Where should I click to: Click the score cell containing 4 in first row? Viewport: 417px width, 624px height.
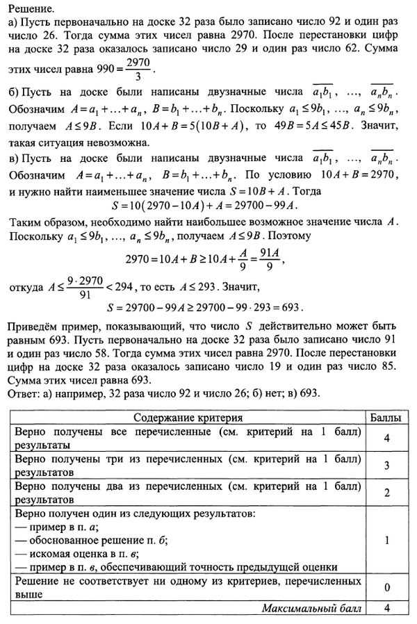tap(384, 438)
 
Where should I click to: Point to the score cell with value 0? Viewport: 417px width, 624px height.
tap(384, 587)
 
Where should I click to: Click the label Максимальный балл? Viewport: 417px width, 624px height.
tap(312, 609)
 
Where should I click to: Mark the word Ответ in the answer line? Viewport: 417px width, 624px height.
tap(26, 393)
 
